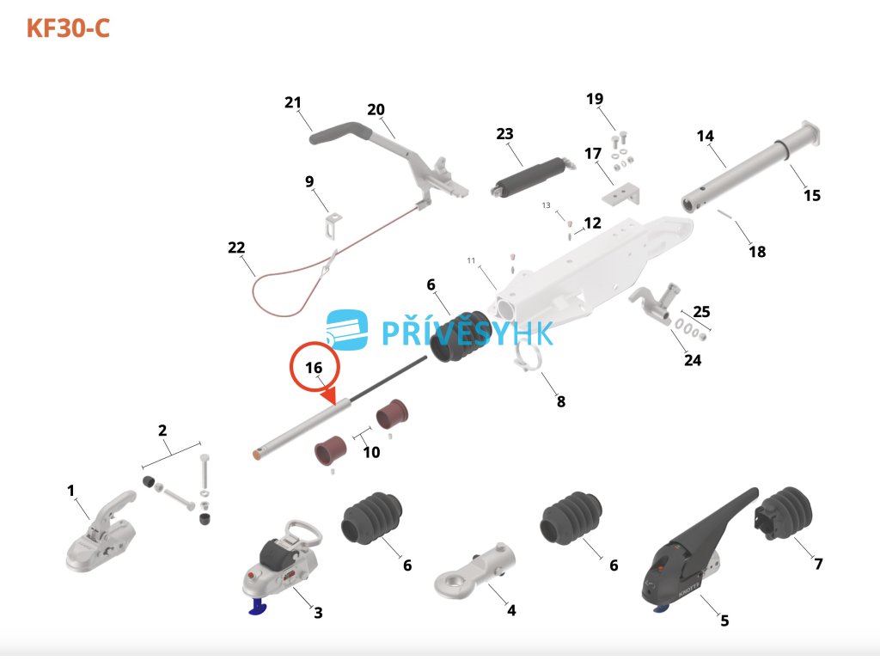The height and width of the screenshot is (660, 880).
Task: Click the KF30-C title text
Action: (68, 28)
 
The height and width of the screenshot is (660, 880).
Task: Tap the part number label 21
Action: (293, 103)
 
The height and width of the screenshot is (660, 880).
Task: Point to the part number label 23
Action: (504, 134)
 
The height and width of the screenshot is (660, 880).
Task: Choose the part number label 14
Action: (706, 136)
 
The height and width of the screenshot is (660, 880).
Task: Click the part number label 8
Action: (561, 400)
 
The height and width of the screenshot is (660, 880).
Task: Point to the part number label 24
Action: (693, 360)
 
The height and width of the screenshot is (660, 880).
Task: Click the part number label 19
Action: (595, 99)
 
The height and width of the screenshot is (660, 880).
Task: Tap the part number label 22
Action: (236, 247)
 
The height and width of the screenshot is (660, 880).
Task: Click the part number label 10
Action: (371, 452)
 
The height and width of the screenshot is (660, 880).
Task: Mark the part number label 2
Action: (162, 431)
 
